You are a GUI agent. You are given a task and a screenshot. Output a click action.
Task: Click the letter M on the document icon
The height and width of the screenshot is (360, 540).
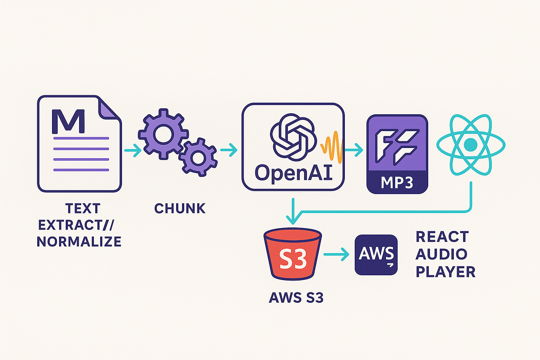click(69, 122)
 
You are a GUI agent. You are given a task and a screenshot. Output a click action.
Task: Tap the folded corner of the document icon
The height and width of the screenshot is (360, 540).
click(108, 109)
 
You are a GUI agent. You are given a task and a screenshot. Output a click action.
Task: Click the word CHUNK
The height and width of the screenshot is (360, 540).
click(180, 209)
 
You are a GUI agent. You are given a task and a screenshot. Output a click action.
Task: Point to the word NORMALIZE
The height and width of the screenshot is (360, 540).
click(79, 242)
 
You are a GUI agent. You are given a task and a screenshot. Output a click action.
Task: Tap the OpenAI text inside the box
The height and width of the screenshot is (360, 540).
click(294, 173)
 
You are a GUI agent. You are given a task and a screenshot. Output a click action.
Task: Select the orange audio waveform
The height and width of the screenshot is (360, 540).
click(332, 147)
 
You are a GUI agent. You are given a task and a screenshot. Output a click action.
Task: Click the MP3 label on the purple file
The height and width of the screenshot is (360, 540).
click(397, 183)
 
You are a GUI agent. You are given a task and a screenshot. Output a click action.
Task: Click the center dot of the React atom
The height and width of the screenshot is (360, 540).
click(470, 144)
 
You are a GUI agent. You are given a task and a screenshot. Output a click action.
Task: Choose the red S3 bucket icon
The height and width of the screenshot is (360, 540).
click(293, 254)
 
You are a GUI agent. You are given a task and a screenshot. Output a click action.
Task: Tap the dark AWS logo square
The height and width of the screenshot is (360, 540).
click(376, 255)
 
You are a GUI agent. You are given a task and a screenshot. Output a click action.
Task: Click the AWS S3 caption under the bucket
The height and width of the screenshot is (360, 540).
click(296, 298)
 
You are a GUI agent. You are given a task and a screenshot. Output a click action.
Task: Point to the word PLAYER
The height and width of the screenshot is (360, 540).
click(445, 272)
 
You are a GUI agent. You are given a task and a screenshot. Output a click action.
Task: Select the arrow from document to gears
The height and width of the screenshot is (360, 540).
click(133, 150)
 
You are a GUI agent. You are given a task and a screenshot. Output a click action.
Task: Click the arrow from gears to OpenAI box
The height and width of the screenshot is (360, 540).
click(229, 150)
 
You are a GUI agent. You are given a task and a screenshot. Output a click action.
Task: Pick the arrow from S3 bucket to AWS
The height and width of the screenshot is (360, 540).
click(336, 254)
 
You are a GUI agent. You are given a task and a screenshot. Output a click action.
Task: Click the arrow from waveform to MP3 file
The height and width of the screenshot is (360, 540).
click(354, 150)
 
